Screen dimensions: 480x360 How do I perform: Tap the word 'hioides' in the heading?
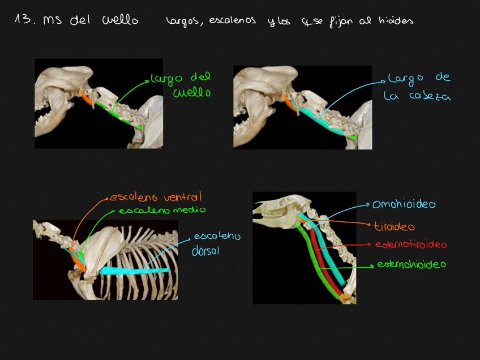click(396, 21)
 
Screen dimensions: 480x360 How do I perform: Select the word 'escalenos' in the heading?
click(232, 21)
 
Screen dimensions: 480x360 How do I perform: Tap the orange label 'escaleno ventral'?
click(156, 198)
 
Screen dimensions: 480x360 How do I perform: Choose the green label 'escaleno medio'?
click(162, 210)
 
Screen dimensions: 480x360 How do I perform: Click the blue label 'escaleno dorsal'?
click(216, 243)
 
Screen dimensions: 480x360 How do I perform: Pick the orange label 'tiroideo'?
click(394, 226)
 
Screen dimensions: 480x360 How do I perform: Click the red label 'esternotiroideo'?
click(410, 245)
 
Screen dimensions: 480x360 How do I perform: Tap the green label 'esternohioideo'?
click(412, 264)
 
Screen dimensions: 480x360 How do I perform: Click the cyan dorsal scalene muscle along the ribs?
click(135, 271)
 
